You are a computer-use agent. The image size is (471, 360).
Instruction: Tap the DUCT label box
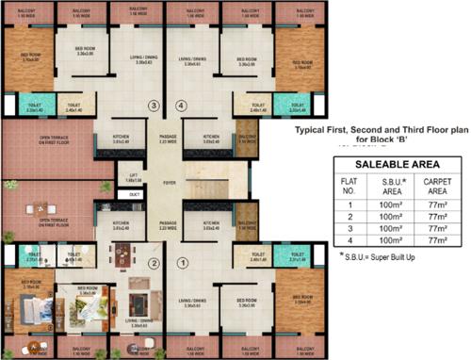[x=136, y=194]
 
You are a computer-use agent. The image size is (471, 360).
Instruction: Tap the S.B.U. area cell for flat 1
[x=386, y=203]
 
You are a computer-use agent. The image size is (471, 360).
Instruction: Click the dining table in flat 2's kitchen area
[x=122, y=257]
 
